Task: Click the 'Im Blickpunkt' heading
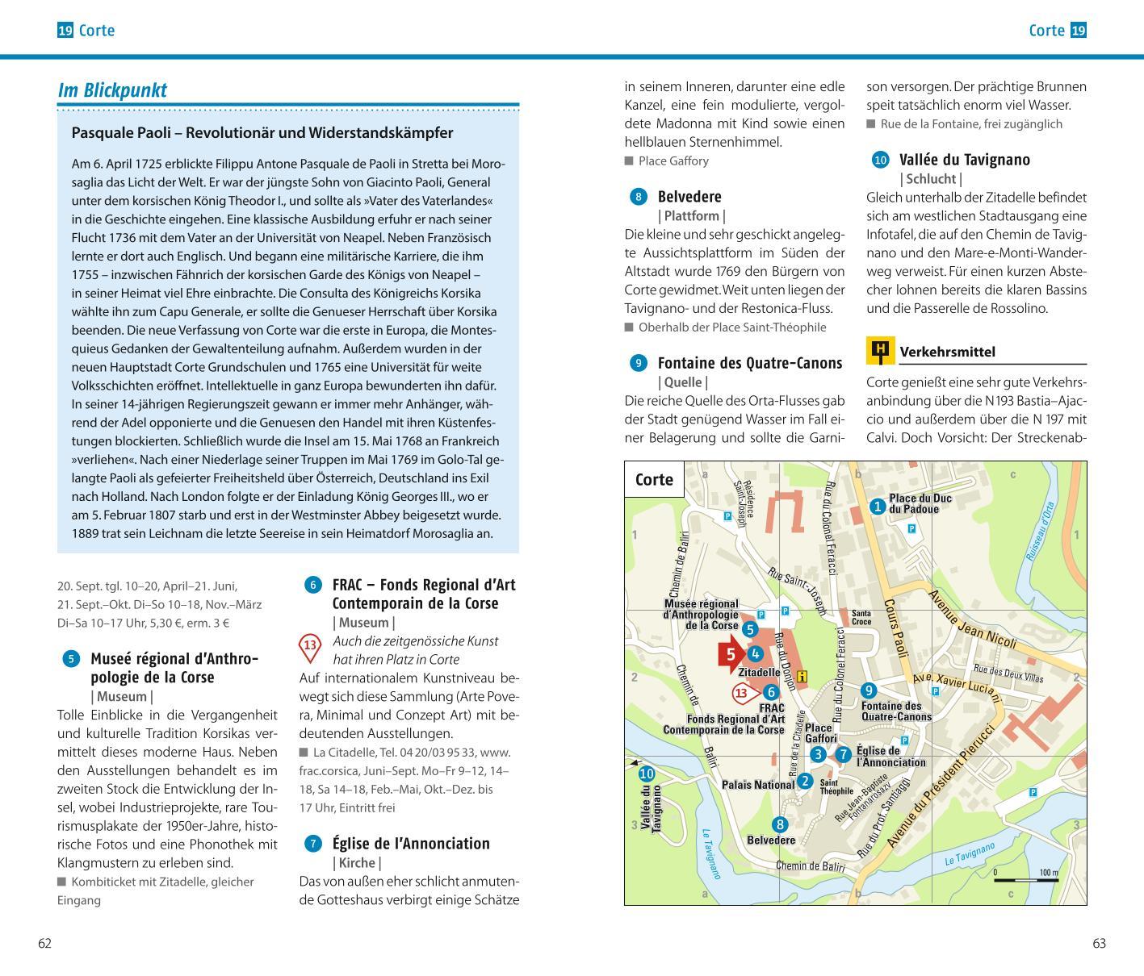pos(112,90)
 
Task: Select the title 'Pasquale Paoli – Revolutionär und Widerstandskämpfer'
pos(262,133)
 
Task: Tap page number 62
pos(45,944)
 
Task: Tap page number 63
pos(1098,944)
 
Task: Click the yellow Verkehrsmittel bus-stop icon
pos(880,351)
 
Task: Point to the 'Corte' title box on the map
pos(654,480)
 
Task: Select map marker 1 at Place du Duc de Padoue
pos(878,507)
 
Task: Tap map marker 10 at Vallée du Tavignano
pos(646,774)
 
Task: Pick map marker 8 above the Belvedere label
pos(779,824)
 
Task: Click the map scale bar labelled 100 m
pos(1025,879)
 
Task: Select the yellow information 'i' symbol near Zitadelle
pos(802,677)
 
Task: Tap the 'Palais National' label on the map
pos(757,784)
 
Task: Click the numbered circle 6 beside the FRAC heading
pos(312,585)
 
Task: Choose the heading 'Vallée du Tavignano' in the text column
pos(964,160)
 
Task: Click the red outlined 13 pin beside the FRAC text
pos(310,646)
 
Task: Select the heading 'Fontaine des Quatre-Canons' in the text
pos(749,363)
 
